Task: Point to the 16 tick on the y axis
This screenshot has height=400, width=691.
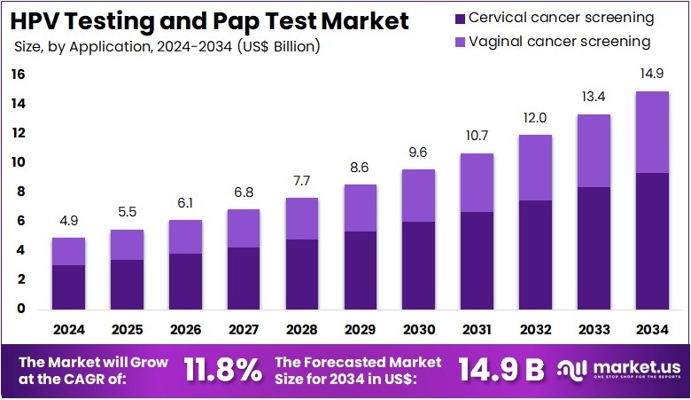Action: coord(19,75)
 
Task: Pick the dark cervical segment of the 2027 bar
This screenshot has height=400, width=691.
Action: coord(243,277)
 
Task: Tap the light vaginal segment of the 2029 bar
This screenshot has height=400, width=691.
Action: coord(360,208)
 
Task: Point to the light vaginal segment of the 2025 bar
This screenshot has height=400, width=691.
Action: coord(127,244)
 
